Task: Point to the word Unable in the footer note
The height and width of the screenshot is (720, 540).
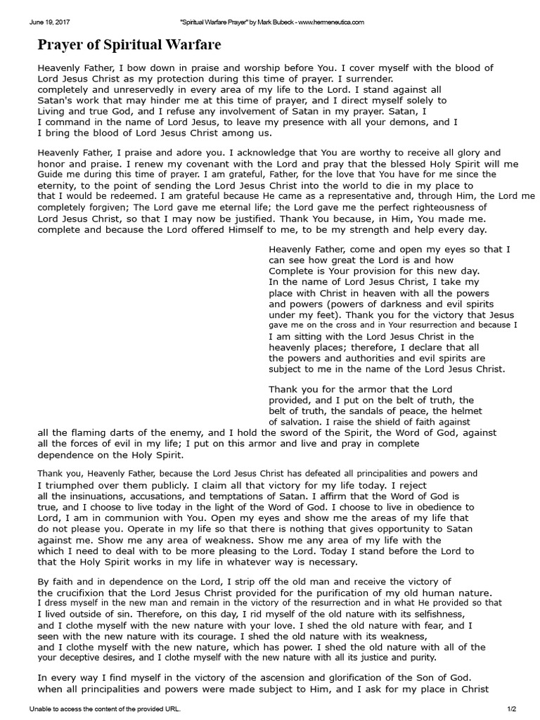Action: (x=40, y=709)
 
